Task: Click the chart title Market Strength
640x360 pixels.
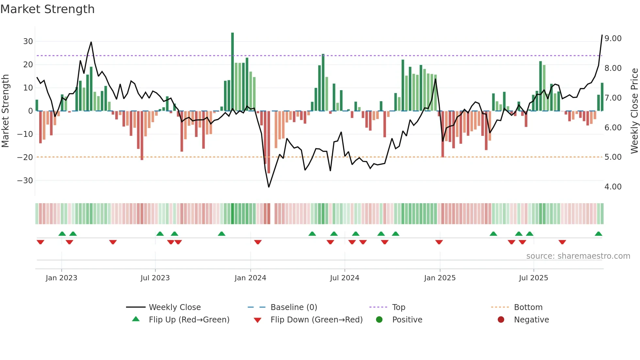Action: [47, 9]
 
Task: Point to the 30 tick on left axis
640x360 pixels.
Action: [28, 41]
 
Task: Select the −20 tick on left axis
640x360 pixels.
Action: [25, 157]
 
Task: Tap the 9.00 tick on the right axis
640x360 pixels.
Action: [613, 39]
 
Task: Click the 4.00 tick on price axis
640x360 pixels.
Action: [613, 187]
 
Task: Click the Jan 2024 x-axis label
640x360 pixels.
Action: [250, 278]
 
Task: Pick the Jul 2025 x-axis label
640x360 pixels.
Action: [534, 278]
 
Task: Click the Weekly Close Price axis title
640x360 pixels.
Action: [634, 111]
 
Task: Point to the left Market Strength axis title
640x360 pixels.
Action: [5, 111]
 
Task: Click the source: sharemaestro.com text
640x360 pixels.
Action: [578, 256]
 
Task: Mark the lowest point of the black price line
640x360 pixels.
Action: [269, 187]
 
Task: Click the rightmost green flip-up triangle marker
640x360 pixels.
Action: [598, 234]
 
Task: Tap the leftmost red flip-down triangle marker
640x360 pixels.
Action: [40, 242]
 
